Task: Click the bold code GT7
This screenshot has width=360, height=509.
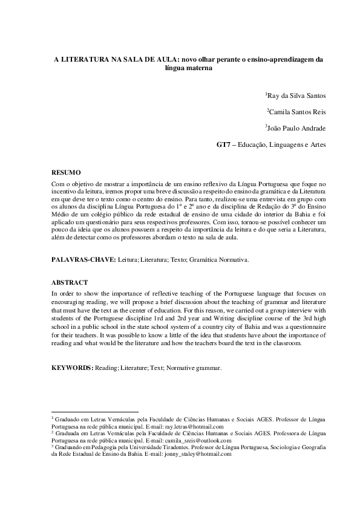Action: (224, 144)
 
